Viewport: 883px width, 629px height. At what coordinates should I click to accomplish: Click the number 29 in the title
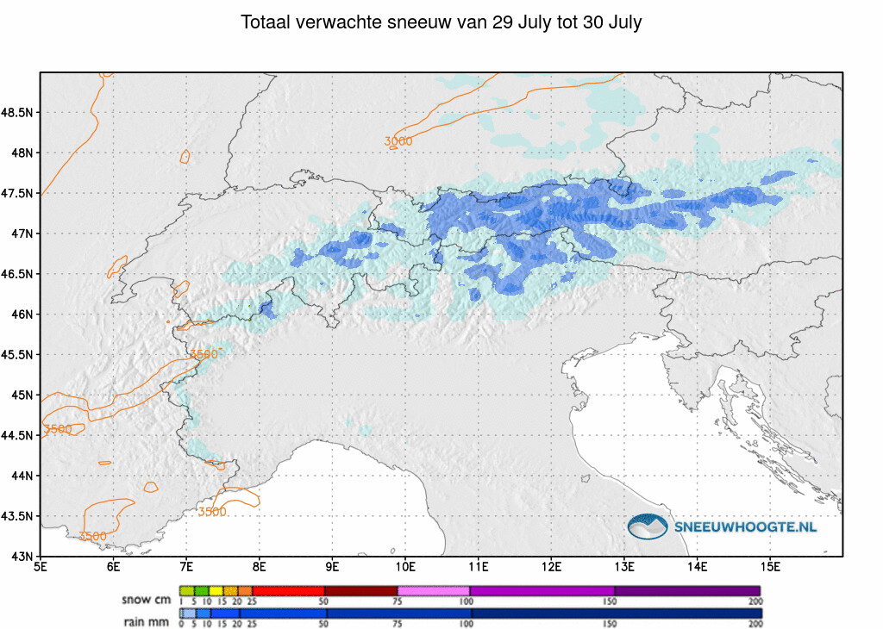pyautogui.click(x=502, y=22)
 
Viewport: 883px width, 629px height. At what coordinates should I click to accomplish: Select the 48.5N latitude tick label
pyautogui.click(x=17, y=113)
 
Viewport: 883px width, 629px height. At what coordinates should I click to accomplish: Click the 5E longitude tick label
pyautogui.click(x=41, y=567)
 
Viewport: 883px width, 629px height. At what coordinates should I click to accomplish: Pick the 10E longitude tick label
pyautogui.click(x=405, y=567)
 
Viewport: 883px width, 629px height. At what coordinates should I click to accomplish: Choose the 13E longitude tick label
pyautogui.click(x=624, y=567)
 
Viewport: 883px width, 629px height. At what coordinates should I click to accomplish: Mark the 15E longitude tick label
pyautogui.click(x=770, y=567)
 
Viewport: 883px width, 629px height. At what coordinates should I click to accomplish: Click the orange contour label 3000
pyautogui.click(x=398, y=141)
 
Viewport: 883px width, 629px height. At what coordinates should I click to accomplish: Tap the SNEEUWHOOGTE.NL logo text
pyautogui.click(x=745, y=527)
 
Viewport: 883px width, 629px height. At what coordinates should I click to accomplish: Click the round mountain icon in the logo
pyautogui.click(x=648, y=526)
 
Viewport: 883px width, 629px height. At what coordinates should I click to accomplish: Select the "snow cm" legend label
pyautogui.click(x=147, y=600)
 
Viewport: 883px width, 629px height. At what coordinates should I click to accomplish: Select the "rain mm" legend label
pyautogui.click(x=147, y=622)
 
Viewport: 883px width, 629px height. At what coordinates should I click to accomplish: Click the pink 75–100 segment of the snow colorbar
pyautogui.click(x=434, y=591)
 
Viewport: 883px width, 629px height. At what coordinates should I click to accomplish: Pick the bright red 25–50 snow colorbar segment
pyautogui.click(x=289, y=591)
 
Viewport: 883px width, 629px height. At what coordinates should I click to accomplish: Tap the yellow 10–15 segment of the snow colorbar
pyautogui.click(x=216, y=591)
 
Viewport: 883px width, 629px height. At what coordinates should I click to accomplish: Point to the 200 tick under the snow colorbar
pyautogui.click(x=755, y=601)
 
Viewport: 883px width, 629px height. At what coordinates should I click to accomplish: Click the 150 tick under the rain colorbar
pyautogui.click(x=610, y=623)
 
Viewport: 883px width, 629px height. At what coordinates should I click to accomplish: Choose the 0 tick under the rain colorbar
pyautogui.click(x=181, y=623)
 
